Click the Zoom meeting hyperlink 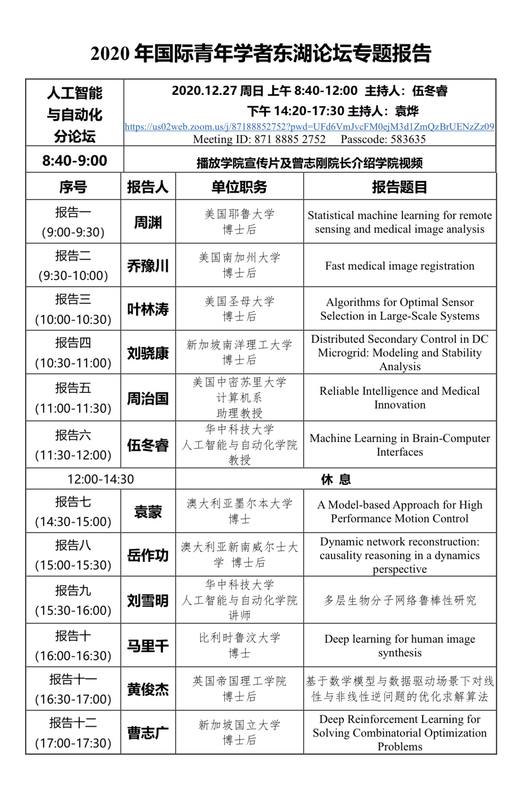(x=309, y=127)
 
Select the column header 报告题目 (x=399, y=187)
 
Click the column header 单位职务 (x=239, y=187)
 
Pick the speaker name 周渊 (x=148, y=222)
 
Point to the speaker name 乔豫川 (x=148, y=266)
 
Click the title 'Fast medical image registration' (x=399, y=266)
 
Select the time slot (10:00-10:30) (x=73, y=320)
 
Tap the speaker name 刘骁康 (x=148, y=353)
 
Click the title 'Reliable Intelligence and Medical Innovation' (x=399, y=398)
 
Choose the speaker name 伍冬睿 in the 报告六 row (x=148, y=445)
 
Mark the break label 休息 (x=336, y=480)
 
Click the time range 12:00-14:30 (x=101, y=479)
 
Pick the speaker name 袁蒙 (x=148, y=512)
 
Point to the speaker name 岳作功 (x=148, y=555)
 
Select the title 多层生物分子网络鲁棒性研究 (x=399, y=600)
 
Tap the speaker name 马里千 (x=148, y=646)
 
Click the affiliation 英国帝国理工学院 (x=239, y=681)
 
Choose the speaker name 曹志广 (x=148, y=733)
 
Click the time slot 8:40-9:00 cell (x=75, y=161)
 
